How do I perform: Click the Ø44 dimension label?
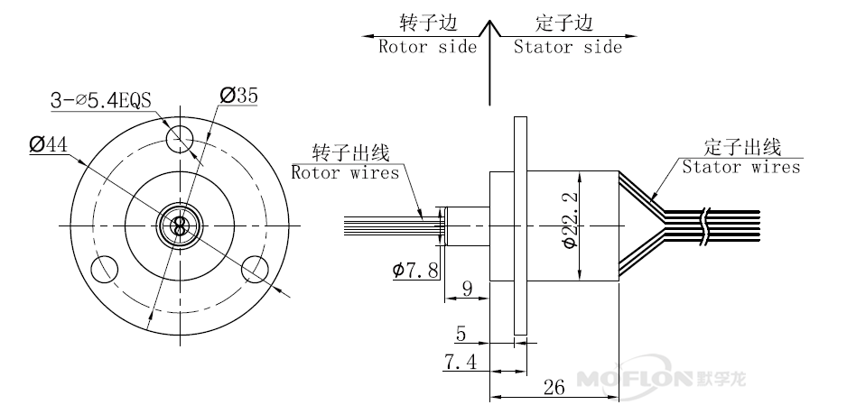pyautogui.click(x=49, y=144)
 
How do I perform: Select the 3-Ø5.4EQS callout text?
pyautogui.click(x=101, y=101)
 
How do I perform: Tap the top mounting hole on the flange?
pyautogui.click(x=181, y=137)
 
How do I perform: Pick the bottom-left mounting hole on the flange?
pyautogui.click(x=106, y=267)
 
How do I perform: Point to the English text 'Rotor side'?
pyautogui.click(x=426, y=47)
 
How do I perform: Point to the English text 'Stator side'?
pyautogui.click(x=567, y=47)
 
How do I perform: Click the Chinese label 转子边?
pyautogui.click(x=426, y=22)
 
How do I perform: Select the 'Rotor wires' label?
pyautogui.click(x=345, y=172)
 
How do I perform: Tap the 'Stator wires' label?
pyautogui.click(x=740, y=167)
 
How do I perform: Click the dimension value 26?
pyautogui.click(x=553, y=387)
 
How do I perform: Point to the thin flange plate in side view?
pyautogui.click(x=518, y=225)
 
